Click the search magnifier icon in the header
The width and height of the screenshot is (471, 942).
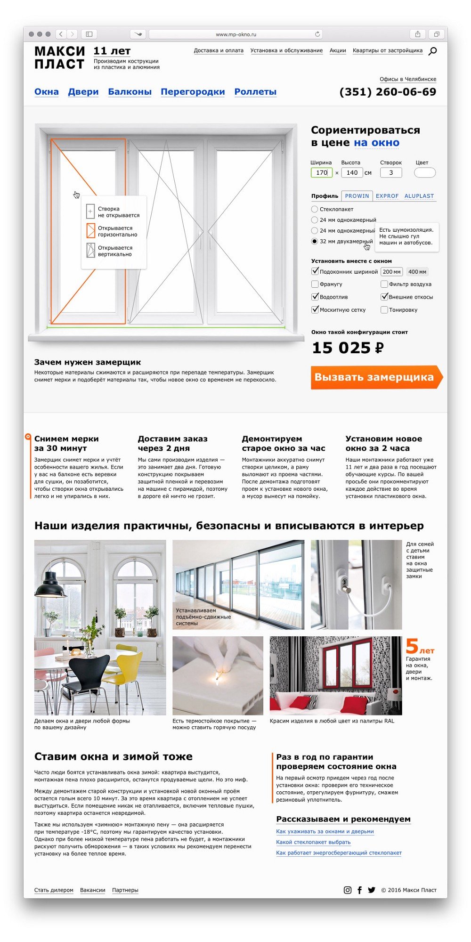point(432,51)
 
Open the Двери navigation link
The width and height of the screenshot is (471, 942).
point(83,92)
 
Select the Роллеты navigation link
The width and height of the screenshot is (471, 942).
point(255,92)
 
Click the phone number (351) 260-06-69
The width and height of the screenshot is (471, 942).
point(388,92)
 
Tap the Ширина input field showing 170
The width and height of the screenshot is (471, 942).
point(322,173)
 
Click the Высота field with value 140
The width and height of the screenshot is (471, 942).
point(352,173)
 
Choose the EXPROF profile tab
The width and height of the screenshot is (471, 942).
point(387,196)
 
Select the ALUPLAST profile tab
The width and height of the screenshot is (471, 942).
point(419,196)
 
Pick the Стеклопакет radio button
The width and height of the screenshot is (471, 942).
point(315,209)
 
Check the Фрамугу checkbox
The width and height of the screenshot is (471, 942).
point(315,284)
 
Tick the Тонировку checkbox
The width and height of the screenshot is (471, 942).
point(384,310)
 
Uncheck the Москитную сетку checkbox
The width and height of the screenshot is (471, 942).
point(315,310)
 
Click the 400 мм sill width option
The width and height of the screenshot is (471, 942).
point(417,272)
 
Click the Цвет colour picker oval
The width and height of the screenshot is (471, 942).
point(424,173)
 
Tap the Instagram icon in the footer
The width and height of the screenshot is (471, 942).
point(348,890)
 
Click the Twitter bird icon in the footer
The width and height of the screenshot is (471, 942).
point(372,890)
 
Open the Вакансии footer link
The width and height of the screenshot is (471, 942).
point(92,890)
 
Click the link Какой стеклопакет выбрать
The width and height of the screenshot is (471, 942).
point(313,842)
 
